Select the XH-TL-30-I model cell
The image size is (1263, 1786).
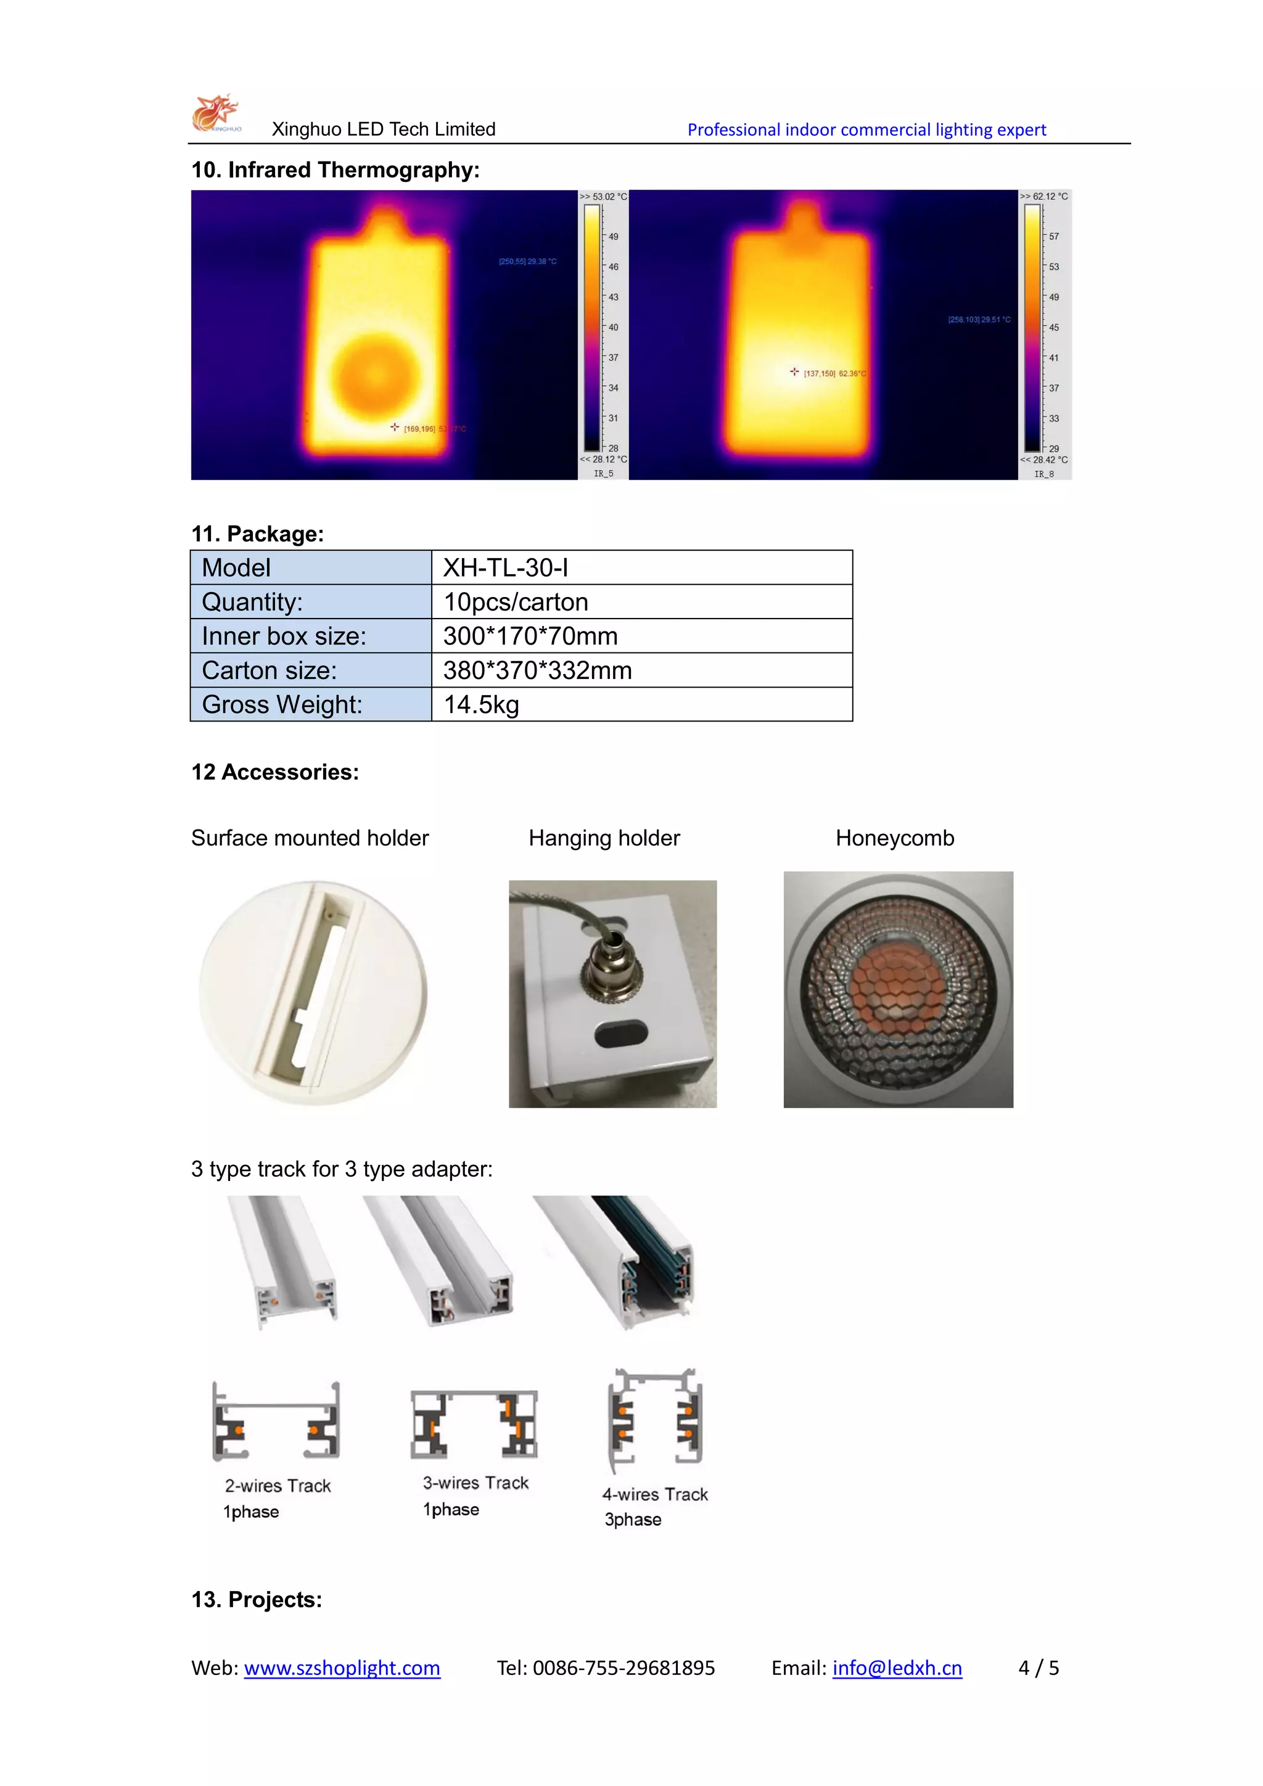(x=641, y=568)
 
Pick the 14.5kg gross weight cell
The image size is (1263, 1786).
(x=641, y=705)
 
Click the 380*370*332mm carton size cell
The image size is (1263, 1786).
(x=641, y=670)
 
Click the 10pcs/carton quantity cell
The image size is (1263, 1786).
(x=641, y=602)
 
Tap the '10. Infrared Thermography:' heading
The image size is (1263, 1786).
(x=335, y=170)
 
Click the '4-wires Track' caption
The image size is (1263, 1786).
(x=655, y=1494)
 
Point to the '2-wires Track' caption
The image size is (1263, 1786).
(x=278, y=1486)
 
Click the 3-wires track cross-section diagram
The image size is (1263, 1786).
(x=474, y=1424)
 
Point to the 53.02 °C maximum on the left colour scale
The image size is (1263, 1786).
(x=604, y=197)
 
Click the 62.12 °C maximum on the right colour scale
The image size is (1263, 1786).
(x=1045, y=197)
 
